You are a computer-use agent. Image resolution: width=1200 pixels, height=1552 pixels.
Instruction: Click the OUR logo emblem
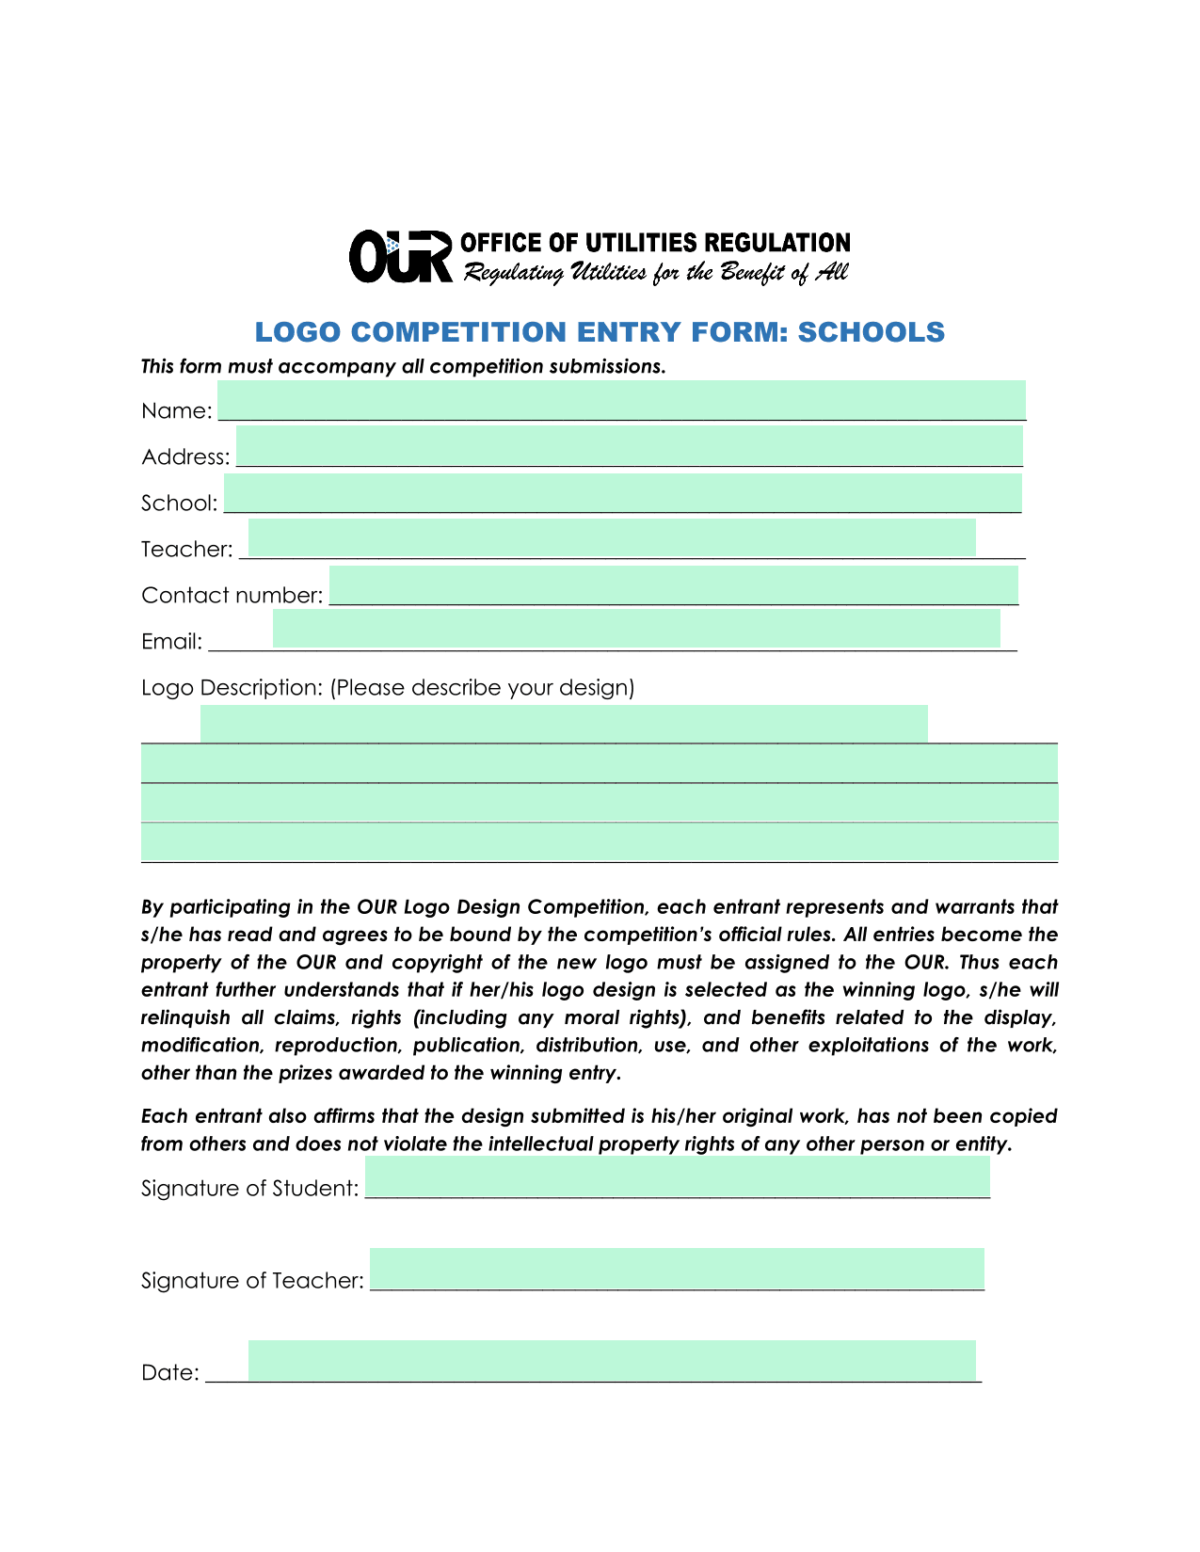[401, 256]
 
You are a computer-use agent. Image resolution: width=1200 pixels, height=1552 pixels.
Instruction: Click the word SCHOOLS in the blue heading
[871, 332]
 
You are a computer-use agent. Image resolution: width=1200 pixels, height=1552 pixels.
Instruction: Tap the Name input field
[621, 400]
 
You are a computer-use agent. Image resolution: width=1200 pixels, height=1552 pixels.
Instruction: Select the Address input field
[629, 445]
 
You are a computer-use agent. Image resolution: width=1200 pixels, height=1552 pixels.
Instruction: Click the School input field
[622, 493]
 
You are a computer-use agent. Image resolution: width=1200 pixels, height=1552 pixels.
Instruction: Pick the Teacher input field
[612, 537]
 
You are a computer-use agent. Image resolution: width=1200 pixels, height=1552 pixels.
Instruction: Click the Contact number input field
[673, 584]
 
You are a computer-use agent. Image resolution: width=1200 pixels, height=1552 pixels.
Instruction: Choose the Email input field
[636, 628]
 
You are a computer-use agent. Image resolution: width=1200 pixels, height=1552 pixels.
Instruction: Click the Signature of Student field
[677, 1176]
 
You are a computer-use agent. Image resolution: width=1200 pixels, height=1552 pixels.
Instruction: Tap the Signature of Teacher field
[677, 1269]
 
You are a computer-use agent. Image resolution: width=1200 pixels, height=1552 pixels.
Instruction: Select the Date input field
[612, 1361]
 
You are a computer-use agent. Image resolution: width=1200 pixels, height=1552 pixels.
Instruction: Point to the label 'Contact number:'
[232, 596]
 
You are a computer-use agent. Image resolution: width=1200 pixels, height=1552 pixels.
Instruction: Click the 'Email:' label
[171, 642]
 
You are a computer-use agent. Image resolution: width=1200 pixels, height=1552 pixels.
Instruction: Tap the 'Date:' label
[169, 1373]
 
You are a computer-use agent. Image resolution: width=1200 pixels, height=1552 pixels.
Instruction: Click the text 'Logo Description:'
[232, 688]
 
